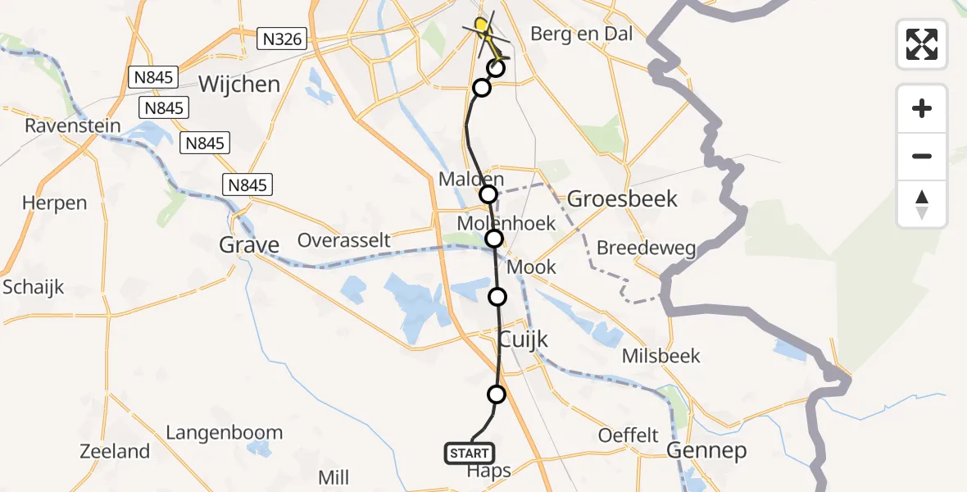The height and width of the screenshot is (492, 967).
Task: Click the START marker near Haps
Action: (470, 453)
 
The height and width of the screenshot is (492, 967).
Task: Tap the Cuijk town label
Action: (524, 339)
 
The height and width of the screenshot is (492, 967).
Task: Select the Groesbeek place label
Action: (623, 198)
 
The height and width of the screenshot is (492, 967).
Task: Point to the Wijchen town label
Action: (239, 84)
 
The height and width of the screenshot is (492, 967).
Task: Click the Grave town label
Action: (249, 244)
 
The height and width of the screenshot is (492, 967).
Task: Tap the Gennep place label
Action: (706, 450)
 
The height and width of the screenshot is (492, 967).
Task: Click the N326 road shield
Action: (281, 38)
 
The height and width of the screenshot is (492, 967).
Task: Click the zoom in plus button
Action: (922, 108)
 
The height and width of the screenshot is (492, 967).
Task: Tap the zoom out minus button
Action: (922, 156)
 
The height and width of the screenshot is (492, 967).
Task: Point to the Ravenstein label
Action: (72, 126)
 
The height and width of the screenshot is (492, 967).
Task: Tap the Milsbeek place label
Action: (661, 356)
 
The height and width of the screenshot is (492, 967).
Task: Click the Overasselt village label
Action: (343, 241)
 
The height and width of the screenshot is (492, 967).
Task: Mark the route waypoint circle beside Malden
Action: (488, 194)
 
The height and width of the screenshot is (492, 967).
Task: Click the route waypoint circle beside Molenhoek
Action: (494, 239)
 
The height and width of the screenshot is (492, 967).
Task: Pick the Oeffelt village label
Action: (629, 435)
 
